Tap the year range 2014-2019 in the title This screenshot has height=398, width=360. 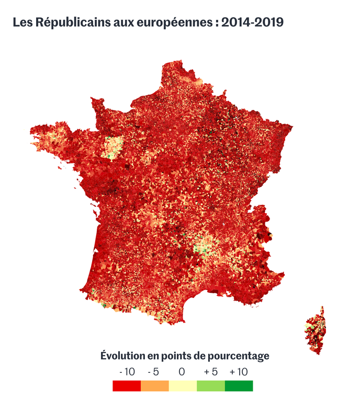pyautogui.click(x=252, y=23)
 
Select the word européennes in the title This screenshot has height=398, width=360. pyautogui.click(x=175, y=23)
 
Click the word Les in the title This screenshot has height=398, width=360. pyautogui.click(x=22, y=23)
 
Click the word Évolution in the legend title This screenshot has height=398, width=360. pyautogui.click(x=123, y=356)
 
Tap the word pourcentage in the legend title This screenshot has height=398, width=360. pyautogui.click(x=239, y=356)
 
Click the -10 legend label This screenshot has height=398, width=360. pyautogui.click(x=127, y=372)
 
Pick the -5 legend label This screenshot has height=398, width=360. pyautogui.click(x=153, y=372)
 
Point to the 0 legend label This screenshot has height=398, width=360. pyautogui.click(x=182, y=372)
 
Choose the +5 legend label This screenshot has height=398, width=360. pyautogui.click(x=211, y=372)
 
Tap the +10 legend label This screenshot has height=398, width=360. pyautogui.click(x=239, y=372)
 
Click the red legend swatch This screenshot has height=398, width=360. pyautogui.click(x=127, y=386)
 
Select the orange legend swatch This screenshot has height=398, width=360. pyautogui.click(x=155, y=386)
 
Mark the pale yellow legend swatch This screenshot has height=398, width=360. pyautogui.click(x=183, y=386)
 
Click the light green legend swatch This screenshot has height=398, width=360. pyautogui.click(x=211, y=386)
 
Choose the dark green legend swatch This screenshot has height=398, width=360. pyautogui.click(x=239, y=386)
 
